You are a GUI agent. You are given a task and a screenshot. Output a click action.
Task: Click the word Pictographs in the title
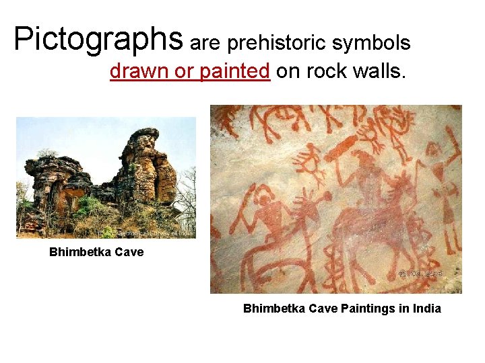pos(98,40)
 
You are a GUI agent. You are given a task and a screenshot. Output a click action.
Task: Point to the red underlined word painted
pos(235,72)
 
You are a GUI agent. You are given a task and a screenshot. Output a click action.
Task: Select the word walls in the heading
pos(380,72)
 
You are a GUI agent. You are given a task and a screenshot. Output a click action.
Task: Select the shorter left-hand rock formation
pos(57,185)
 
